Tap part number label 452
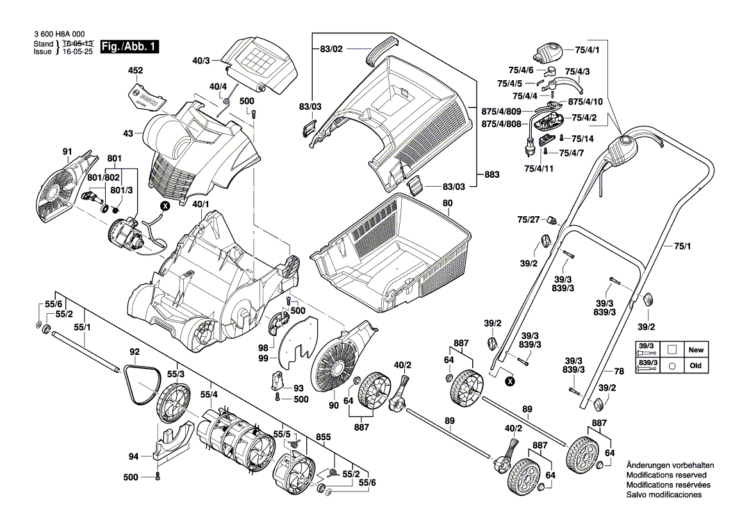(136, 70)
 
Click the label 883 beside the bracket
(492, 175)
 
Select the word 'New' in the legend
(696, 350)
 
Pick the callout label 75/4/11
(539, 167)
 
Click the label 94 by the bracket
(133, 457)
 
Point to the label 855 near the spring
(324, 438)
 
